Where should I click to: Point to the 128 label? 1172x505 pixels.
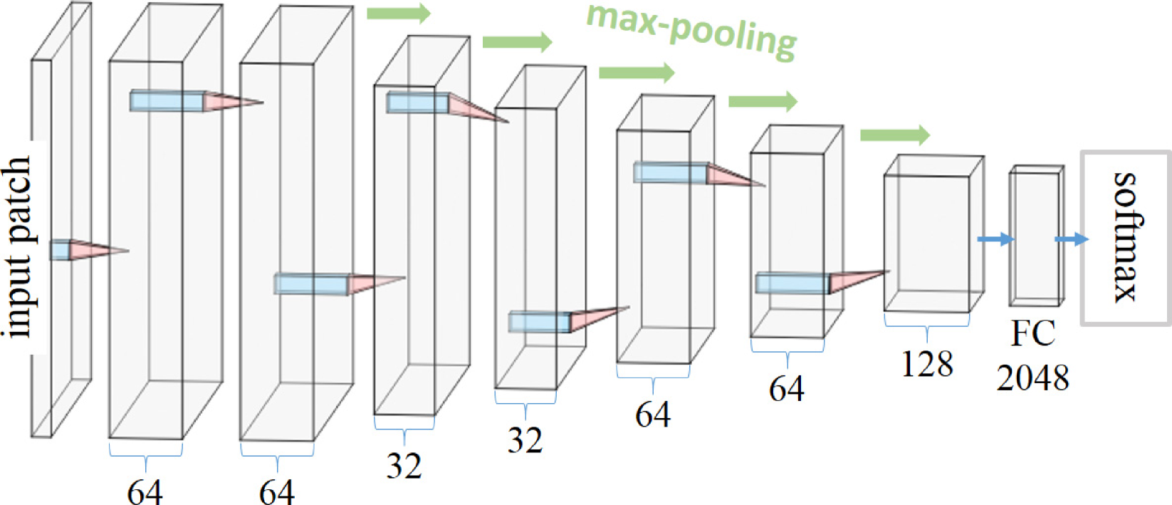tap(926, 365)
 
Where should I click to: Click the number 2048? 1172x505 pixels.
tap(1032, 378)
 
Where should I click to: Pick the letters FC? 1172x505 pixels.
tap(1032, 333)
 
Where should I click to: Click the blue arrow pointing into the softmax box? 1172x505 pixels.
tap(1071, 239)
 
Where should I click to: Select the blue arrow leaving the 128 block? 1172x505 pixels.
tap(995, 239)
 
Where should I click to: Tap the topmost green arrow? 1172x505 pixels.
tap(399, 13)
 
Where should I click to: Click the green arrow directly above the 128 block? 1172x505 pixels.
tap(894, 135)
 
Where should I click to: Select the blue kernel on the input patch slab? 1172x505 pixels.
tap(60, 250)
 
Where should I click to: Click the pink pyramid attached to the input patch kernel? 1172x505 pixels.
tap(96, 250)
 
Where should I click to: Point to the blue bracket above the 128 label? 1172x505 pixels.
tap(926, 323)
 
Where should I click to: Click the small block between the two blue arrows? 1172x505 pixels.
tap(1035, 236)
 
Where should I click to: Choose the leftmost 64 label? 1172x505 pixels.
tap(145, 491)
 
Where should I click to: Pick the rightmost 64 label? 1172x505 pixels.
tap(786, 389)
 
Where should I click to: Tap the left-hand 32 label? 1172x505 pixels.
tap(404, 466)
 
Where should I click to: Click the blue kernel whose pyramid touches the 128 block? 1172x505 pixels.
tap(792, 283)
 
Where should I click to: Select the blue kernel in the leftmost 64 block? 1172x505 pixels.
tap(167, 101)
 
